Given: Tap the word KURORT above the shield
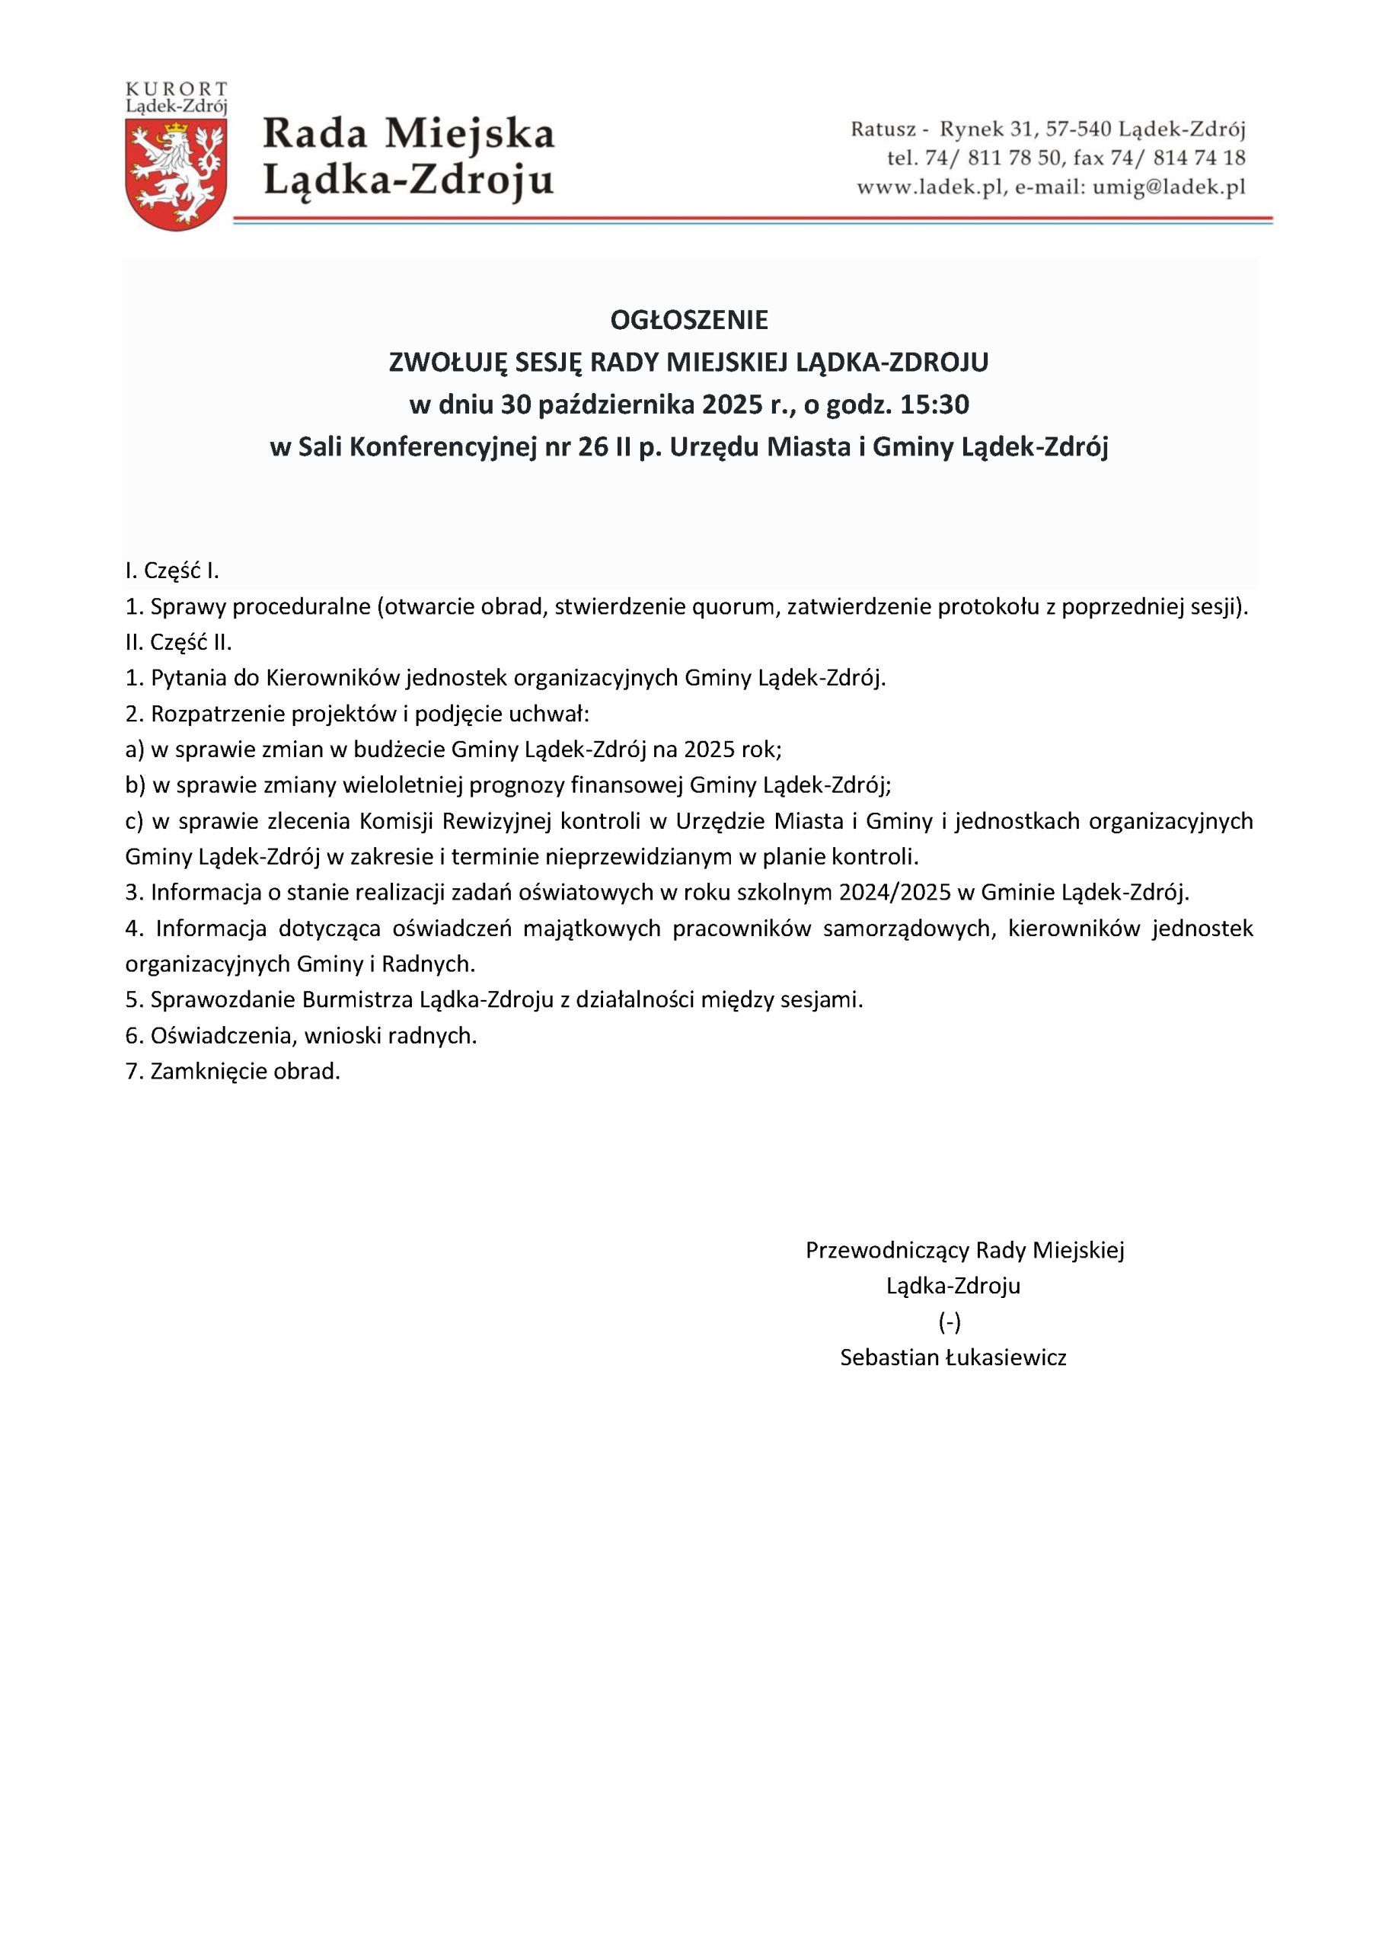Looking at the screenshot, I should tap(177, 89).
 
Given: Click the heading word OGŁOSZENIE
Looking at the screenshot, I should tap(688, 320).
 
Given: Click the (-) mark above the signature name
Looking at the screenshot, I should tap(950, 1322).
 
